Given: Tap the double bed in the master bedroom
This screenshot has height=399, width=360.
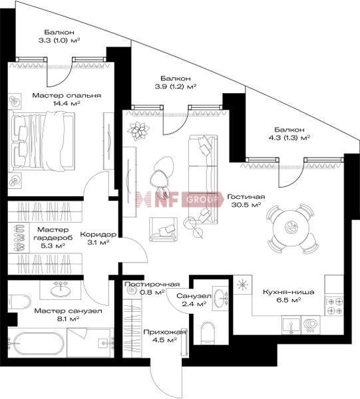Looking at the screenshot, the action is pyautogui.click(x=41, y=142).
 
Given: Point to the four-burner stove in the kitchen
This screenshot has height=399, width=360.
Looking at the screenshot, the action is pyautogui.click(x=334, y=305).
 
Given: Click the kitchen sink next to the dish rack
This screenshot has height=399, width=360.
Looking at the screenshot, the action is pyautogui.click(x=291, y=325).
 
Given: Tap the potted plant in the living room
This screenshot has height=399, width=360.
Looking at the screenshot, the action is pyautogui.click(x=138, y=131).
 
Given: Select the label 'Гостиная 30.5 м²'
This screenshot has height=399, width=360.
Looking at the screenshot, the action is pyautogui.click(x=246, y=201).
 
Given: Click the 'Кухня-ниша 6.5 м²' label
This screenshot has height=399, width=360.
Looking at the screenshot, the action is pyautogui.click(x=288, y=296).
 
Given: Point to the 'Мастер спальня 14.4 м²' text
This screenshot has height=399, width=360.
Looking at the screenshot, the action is pyautogui.click(x=67, y=99).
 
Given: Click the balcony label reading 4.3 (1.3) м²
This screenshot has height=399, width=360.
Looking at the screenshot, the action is pyautogui.click(x=289, y=134).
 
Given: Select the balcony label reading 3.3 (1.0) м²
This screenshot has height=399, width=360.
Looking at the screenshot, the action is pyautogui.click(x=59, y=36).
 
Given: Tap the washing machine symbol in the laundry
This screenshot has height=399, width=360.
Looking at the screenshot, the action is pyautogui.click(x=131, y=290).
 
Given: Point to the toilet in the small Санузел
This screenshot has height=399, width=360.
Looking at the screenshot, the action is pyautogui.click(x=209, y=332).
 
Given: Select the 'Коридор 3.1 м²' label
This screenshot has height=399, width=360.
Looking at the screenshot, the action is pyautogui.click(x=98, y=238).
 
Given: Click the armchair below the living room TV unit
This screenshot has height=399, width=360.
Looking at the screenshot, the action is pyautogui.click(x=163, y=229).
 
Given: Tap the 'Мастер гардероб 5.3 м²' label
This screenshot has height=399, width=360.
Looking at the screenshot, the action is pyautogui.click(x=53, y=237).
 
